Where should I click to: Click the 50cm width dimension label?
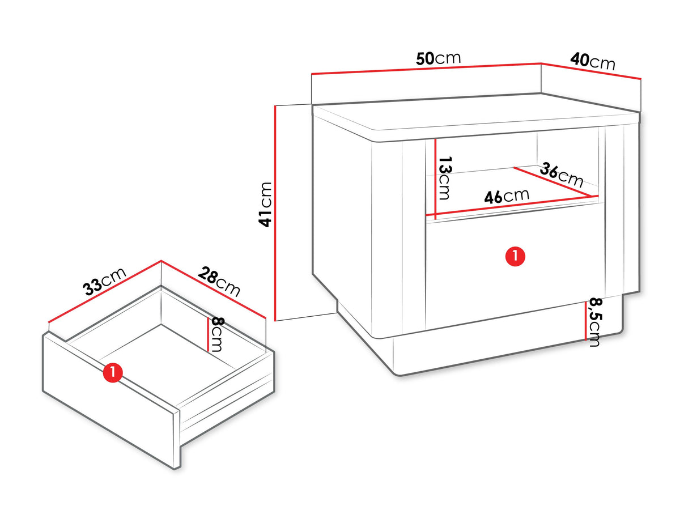(438, 58)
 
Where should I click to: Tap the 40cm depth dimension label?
(592, 61)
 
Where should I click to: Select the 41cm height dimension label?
(265, 205)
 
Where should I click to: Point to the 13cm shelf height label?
(445, 178)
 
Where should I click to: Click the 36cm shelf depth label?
(562, 176)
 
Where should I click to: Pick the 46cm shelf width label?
(507, 195)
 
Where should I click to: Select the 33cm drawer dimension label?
(104, 281)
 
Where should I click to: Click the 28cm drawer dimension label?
(219, 282)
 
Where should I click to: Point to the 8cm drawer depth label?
(216, 335)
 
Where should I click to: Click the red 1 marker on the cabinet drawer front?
(515, 256)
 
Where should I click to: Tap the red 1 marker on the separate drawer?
(113, 372)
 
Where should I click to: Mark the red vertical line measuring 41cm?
(275, 213)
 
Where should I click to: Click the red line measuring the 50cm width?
(426, 69)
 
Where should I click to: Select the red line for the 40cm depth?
(591, 71)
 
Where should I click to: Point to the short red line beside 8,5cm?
(586, 321)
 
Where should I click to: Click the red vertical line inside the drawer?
(208, 334)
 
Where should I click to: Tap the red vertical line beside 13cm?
(436, 178)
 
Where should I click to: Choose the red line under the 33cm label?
(105, 292)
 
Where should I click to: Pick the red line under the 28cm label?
(214, 289)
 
